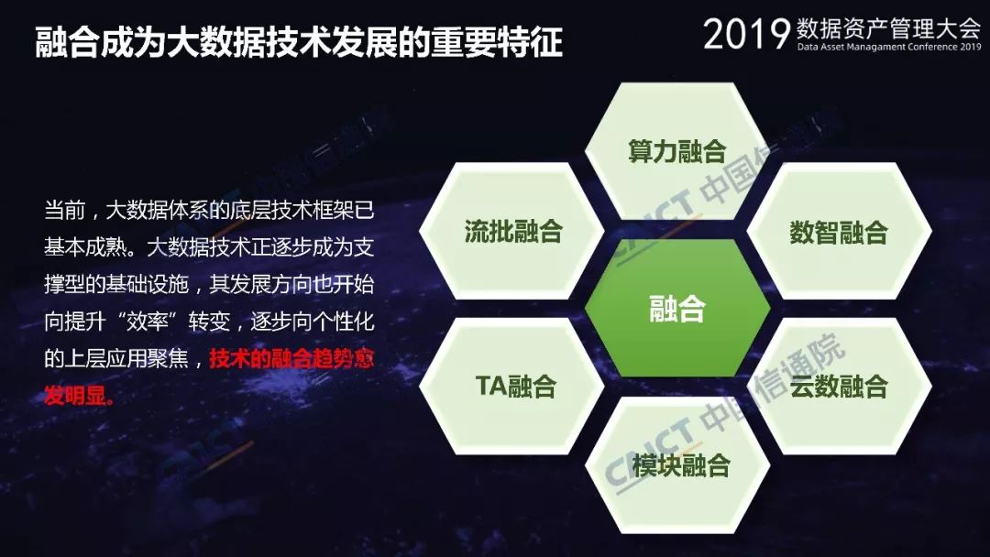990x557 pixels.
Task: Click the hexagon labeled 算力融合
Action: point(676,151)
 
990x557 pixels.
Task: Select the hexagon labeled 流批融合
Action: point(512,231)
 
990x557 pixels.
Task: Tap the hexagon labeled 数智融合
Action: point(839,231)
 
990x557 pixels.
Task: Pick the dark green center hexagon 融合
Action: point(677,309)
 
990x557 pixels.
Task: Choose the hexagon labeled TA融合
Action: point(512,386)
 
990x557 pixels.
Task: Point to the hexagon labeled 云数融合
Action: point(839,386)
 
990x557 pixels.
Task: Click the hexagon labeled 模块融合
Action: point(677,465)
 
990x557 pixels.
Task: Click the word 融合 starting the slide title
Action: point(68,42)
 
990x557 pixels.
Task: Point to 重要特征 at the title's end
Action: point(497,42)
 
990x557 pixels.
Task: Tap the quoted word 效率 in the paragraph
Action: point(147,321)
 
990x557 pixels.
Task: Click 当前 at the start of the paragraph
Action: point(64,210)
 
